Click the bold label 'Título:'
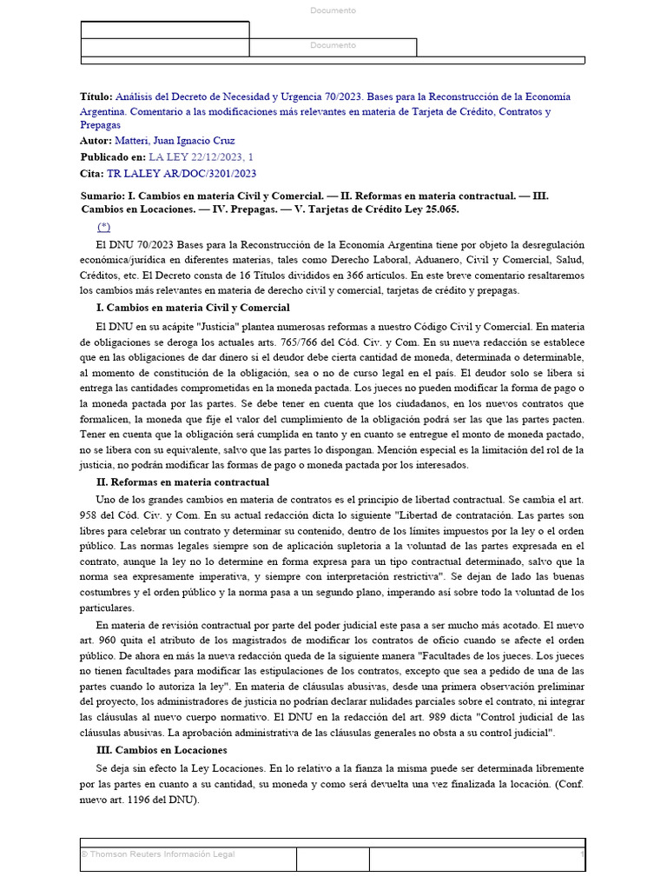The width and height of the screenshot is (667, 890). [x=96, y=97]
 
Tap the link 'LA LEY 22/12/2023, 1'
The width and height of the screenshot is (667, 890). [x=201, y=157]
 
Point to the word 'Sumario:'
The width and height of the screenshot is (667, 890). [x=102, y=196]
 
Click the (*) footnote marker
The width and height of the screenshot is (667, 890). [x=104, y=226]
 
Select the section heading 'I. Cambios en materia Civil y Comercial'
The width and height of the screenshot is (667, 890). [x=193, y=308]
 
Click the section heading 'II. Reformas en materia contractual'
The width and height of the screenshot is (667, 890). [x=182, y=482]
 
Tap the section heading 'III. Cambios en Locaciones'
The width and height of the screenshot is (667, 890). [x=162, y=749]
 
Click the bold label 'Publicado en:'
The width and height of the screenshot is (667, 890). [x=113, y=157]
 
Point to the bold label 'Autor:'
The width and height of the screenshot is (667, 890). [x=96, y=141]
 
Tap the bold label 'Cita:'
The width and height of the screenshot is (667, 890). [x=92, y=174]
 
